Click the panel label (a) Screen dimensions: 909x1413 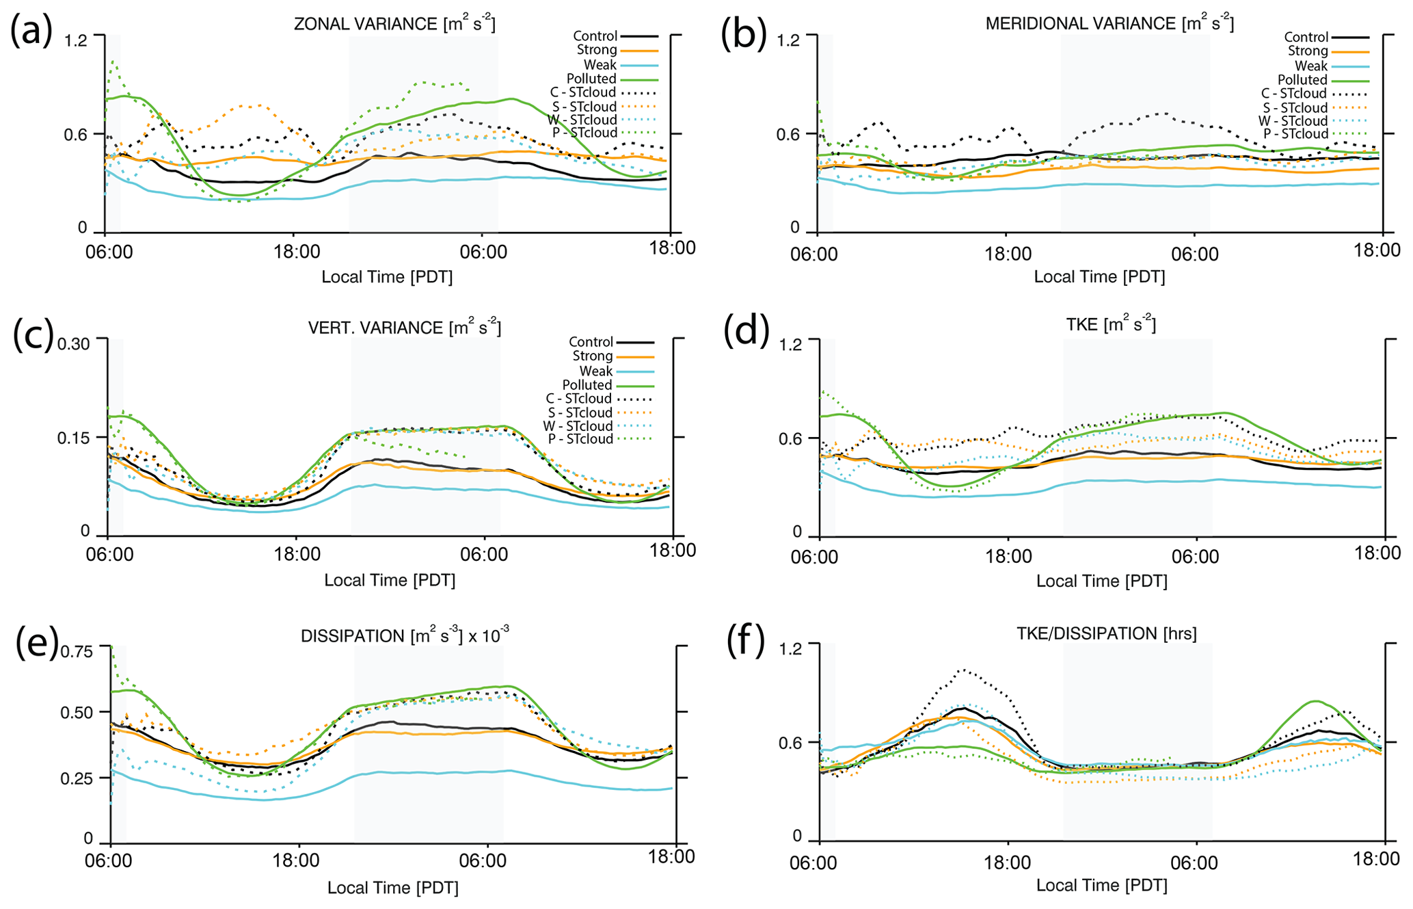31,31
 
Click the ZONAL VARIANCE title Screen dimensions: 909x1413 394,24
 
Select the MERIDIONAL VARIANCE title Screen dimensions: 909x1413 1109,24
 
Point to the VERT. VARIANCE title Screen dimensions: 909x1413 404,328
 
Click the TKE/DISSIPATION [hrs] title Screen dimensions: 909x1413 1107,634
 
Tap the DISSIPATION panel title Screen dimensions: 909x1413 404,636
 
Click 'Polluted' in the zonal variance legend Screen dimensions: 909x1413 591,79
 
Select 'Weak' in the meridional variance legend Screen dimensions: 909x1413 1310,66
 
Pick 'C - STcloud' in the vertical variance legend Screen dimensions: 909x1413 580,399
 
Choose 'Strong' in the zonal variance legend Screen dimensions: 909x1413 597,50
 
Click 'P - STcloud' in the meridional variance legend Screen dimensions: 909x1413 1295,134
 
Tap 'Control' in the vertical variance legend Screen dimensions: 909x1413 591,342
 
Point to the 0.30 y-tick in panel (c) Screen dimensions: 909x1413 74,343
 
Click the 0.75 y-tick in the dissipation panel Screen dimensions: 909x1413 77,651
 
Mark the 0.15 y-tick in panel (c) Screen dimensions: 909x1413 74,438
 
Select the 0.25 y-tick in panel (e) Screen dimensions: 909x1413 77,778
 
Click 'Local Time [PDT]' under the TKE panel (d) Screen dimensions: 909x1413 1101,581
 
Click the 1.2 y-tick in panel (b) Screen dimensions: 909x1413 788,40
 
